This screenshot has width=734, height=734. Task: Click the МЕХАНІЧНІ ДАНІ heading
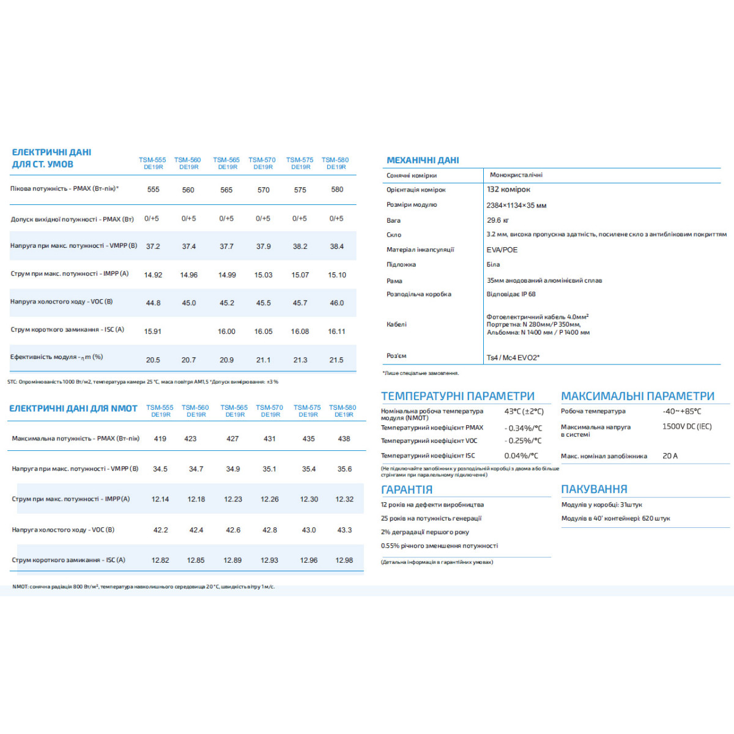coord(423,160)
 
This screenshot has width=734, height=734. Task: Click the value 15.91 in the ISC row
coord(153,332)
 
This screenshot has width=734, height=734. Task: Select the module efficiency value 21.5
coord(336,360)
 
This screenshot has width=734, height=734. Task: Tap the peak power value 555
coord(154,190)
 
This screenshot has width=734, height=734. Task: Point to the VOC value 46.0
coord(337,303)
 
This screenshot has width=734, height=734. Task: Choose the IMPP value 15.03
coord(264,275)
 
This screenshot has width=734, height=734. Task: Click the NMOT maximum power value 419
coord(160,439)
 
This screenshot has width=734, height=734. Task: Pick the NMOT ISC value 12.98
coord(344,560)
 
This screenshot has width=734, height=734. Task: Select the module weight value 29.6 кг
coord(498,220)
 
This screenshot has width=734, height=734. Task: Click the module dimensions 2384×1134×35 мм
coord(517,206)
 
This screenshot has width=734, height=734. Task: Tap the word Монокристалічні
coord(516,175)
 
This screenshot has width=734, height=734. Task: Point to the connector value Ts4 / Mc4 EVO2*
coord(513,358)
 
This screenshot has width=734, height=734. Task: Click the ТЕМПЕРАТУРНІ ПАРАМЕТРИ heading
coord(458,396)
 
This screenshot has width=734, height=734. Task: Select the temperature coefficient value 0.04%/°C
coord(521,456)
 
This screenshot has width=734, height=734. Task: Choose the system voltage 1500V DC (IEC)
coord(687,427)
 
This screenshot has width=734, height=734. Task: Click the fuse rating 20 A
coord(670,456)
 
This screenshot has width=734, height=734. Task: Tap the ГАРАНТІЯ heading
coord(407,490)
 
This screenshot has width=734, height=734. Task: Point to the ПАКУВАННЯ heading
coord(594,489)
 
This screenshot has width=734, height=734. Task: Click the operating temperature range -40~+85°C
coord(682,412)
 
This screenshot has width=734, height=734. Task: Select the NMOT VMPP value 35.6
coord(344,469)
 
